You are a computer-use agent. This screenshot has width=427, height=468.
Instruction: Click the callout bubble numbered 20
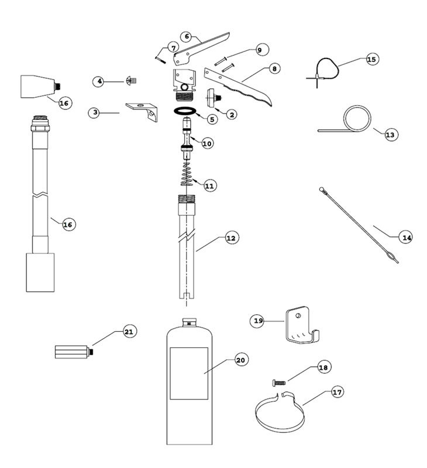[x=240, y=360]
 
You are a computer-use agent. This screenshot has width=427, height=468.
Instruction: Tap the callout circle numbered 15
[x=372, y=59]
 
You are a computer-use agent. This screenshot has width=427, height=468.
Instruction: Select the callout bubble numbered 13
[x=390, y=135]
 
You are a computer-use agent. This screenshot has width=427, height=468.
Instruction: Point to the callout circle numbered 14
[x=406, y=237]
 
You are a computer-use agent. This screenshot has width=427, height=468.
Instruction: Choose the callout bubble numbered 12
[x=232, y=238]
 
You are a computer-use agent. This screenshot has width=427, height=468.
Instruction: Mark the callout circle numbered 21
[x=129, y=332]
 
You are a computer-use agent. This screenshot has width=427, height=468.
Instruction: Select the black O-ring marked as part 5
[x=187, y=111]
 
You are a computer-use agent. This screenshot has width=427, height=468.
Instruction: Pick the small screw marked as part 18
[x=278, y=383]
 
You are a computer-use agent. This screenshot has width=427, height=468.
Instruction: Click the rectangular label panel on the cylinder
[x=189, y=373]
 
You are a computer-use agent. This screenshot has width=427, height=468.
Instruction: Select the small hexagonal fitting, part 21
[x=72, y=353]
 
